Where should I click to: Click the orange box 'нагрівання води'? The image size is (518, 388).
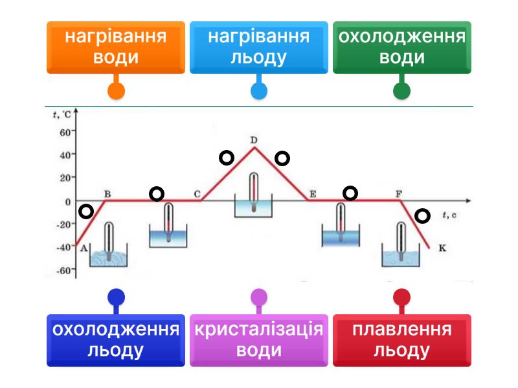(x=116, y=47)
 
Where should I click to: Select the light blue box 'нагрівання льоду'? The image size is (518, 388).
(x=258, y=47)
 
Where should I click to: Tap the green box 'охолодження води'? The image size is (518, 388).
(x=401, y=47)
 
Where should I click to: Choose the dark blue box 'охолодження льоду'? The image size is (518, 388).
(x=116, y=340)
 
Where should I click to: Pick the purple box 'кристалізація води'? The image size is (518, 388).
(x=258, y=340)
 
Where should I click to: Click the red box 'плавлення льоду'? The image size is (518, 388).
(x=401, y=340)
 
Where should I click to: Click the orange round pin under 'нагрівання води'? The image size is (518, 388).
(x=116, y=90)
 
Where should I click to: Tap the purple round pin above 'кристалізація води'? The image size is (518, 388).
(x=258, y=297)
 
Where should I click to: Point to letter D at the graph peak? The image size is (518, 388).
(x=254, y=140)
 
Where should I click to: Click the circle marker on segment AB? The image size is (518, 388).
(x=85, y=211)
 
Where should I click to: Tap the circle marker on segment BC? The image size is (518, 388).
(x=157, y=193)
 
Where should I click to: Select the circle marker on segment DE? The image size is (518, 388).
(x=282, y=158)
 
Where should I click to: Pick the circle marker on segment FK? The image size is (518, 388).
(x=422, y=216)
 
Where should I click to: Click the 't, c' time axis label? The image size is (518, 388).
(x=449, y=213)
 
